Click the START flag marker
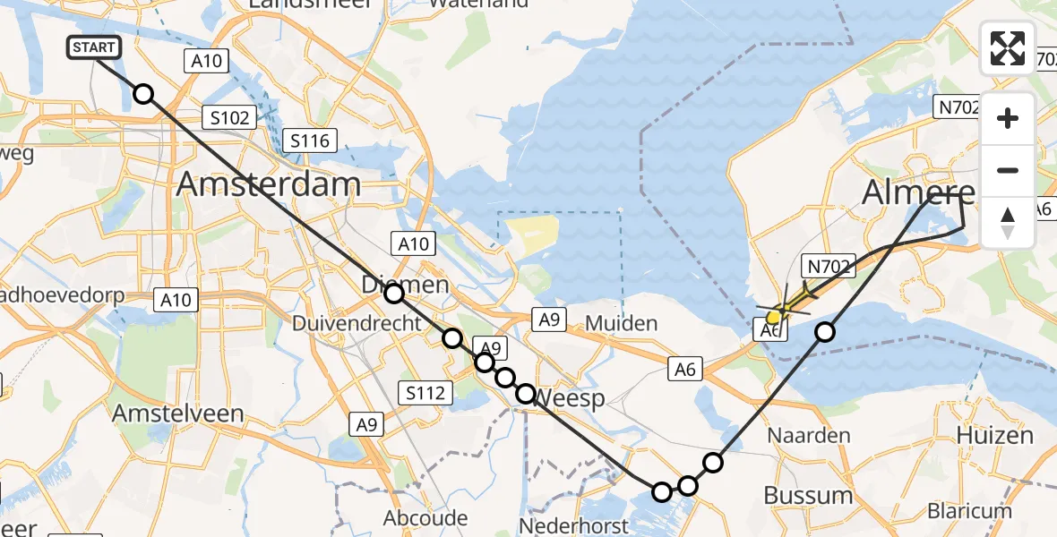93,47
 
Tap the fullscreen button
1008,48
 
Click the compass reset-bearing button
1008,223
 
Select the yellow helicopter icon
782,310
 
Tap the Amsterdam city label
269,184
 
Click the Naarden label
810,436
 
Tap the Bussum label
808,495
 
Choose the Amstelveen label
178,413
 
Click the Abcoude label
425,518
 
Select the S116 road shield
310,141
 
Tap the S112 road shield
425,391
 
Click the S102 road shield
229,116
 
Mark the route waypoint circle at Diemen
394,293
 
